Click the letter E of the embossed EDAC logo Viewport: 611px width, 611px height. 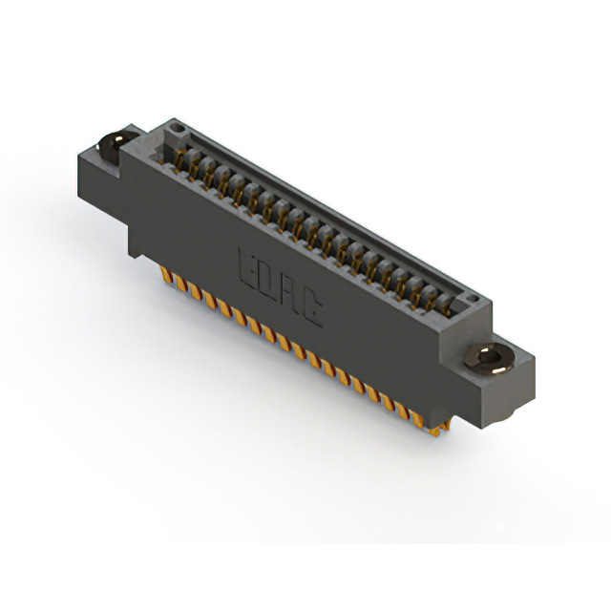coord(245,265)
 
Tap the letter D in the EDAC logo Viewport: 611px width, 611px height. coord(267,280)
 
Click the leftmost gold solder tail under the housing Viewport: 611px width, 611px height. coord(164,276)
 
